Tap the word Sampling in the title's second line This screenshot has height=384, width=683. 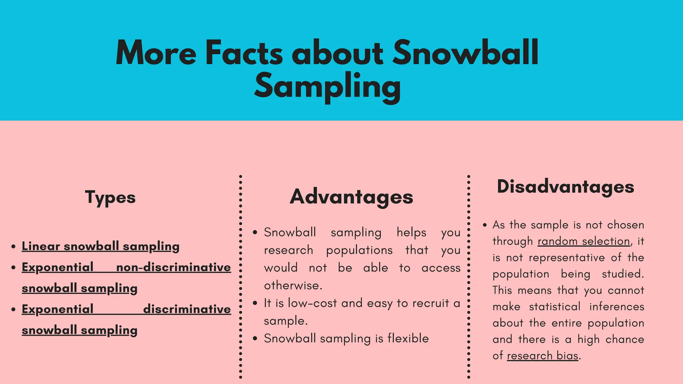327,86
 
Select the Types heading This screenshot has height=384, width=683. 110,197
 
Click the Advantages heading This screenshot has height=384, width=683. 352,197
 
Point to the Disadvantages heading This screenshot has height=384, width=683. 565,186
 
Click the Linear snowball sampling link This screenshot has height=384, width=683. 100,246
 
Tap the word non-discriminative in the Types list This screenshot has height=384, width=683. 173,267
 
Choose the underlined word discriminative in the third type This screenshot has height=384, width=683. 187,309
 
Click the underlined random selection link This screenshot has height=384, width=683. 584,241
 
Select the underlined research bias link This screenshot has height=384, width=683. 543,356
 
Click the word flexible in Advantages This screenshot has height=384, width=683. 408,338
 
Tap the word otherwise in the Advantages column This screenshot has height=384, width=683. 292,286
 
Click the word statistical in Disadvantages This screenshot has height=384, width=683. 555,306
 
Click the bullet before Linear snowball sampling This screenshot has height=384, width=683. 13,247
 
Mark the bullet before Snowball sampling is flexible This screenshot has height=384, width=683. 255,339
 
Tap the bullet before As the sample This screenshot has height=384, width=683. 485,225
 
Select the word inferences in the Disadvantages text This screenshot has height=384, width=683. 617,306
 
